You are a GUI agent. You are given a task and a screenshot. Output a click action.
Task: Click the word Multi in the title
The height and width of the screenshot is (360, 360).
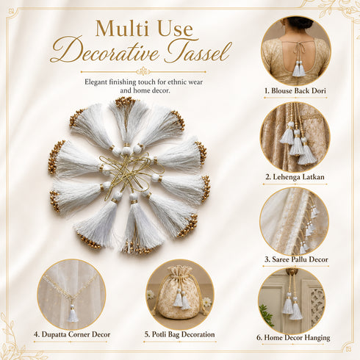[x=120, y=29]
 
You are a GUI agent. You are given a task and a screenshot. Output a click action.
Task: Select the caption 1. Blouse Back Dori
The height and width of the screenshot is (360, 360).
[x=295, y=90]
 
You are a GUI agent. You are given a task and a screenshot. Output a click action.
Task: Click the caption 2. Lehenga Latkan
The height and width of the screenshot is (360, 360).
[x=295, y=176]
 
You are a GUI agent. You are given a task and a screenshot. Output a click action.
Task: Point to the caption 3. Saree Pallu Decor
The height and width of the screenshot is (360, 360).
[x=296, y=259]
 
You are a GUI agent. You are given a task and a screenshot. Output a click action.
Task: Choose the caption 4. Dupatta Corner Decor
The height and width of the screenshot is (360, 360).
[x=72, y=334]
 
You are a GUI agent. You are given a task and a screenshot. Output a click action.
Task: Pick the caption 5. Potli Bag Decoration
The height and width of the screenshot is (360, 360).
[x=179, y=334]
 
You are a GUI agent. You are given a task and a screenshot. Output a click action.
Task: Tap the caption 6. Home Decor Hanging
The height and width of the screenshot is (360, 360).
[x=293, y=338]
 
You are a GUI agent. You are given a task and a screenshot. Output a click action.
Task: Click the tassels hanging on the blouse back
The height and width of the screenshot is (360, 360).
[x=298, y=69]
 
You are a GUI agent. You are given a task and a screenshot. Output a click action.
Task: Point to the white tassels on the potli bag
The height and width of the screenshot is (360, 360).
[x=181, y=299]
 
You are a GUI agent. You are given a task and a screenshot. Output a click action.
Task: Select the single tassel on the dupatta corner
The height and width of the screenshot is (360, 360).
[x=73, y=314]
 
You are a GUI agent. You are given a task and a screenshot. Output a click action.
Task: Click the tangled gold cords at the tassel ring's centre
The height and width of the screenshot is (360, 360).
[x=130, y=171]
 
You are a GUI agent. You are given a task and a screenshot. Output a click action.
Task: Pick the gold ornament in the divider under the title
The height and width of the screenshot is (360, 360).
[x=143, y=71]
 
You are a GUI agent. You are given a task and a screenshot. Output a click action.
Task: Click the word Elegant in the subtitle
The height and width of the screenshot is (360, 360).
[x=96, y=82]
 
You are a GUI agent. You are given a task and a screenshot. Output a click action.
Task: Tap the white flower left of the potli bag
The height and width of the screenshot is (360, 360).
[x=150, y=295]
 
